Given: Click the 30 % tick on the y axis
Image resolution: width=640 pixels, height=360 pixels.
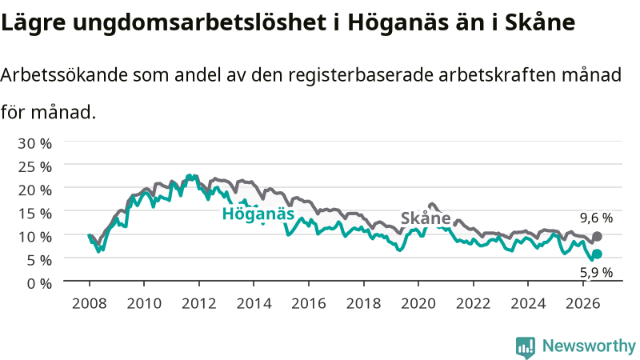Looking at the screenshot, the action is click(34, 143).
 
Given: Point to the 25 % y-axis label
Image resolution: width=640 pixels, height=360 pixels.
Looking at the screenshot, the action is click(34, 166).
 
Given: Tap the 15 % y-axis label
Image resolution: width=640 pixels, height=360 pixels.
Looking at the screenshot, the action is click(34, 213).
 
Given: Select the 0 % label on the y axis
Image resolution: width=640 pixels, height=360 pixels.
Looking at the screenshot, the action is click(39, 283).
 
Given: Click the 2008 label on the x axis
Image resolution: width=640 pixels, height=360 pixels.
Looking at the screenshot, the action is click(89, 303).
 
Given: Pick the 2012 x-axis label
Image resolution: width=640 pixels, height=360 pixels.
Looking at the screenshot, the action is click(198, 303).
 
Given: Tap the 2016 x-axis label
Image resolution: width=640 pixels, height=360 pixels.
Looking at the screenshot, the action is click(309, 303).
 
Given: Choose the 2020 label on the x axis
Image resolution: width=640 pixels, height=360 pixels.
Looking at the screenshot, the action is click(418, 303).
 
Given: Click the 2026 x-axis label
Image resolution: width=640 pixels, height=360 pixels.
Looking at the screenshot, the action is click(583, 303).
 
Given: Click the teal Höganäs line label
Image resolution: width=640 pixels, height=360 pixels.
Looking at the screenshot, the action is click(258, 214).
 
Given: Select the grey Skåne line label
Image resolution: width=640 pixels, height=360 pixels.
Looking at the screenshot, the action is click(426, 218).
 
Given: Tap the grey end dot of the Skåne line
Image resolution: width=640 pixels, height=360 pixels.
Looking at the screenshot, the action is click(597, 236).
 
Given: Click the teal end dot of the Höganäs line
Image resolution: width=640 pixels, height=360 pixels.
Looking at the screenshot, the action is click(597, 254).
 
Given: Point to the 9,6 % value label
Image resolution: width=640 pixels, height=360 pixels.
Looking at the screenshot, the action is click(596, 218).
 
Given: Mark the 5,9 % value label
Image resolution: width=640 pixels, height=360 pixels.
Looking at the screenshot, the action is click(596, 272).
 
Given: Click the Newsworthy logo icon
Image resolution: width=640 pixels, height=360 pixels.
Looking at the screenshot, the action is click(526, 347).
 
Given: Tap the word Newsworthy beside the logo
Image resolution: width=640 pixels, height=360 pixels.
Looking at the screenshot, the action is click(589, 346).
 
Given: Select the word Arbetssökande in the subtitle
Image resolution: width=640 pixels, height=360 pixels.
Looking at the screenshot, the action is click(64, 74).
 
